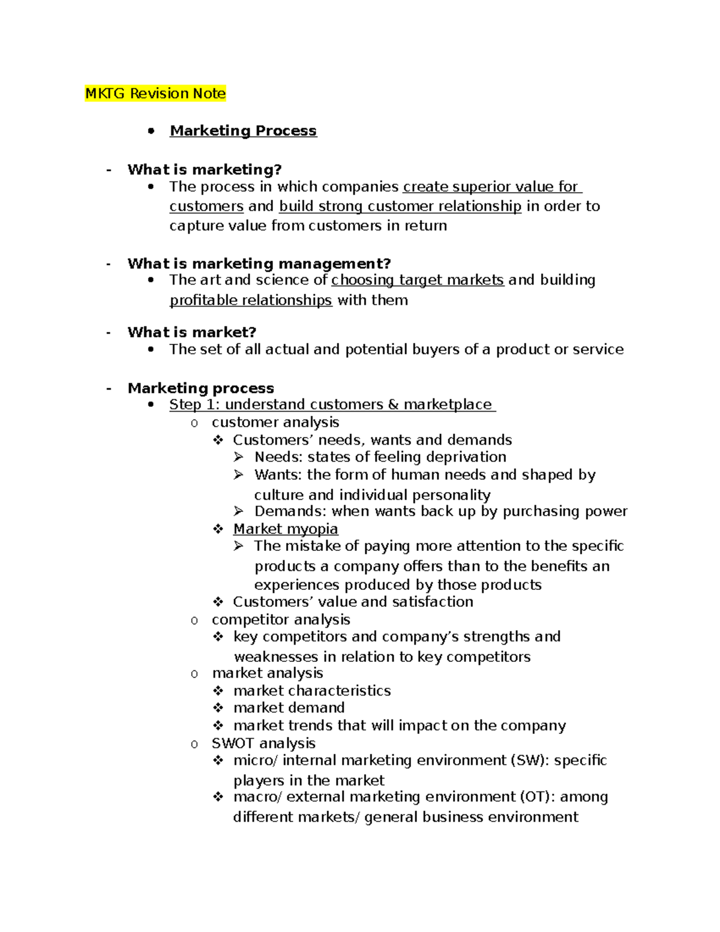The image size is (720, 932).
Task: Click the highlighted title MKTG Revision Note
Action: point(155,94)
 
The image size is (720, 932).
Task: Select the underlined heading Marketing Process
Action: point(243,131)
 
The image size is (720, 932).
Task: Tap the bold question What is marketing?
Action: point(205,169)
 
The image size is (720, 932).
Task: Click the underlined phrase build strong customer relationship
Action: point(400,206)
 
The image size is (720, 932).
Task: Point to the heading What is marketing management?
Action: point(259,263)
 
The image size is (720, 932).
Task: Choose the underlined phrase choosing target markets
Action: point(418,280)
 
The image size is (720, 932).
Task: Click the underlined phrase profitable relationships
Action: point(251,300)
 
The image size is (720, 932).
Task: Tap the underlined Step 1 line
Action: point(332,404)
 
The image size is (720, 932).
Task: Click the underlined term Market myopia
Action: point(286,529)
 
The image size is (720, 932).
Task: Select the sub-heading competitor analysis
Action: point(281,619)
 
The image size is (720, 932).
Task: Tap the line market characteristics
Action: point(312,691)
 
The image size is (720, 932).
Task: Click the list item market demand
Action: point(289,708)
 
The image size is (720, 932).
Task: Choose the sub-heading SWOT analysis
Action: point(263,743)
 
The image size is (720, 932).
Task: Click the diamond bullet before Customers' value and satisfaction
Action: point(218,602)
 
